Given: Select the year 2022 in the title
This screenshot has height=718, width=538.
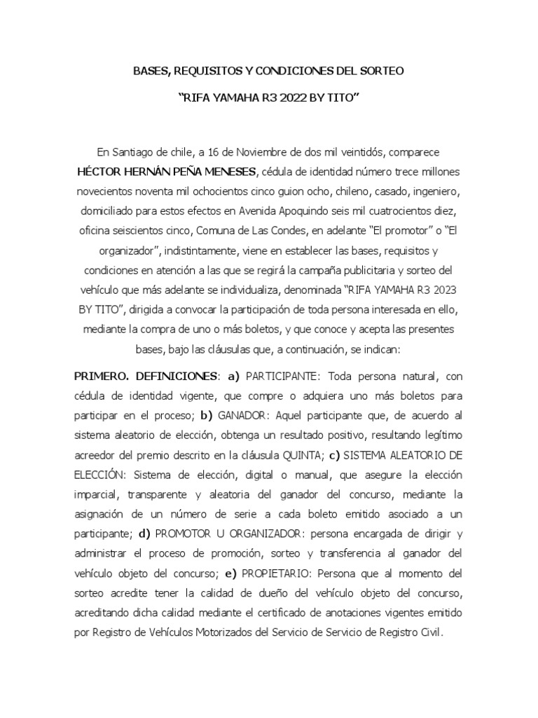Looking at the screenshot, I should (296, 100).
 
